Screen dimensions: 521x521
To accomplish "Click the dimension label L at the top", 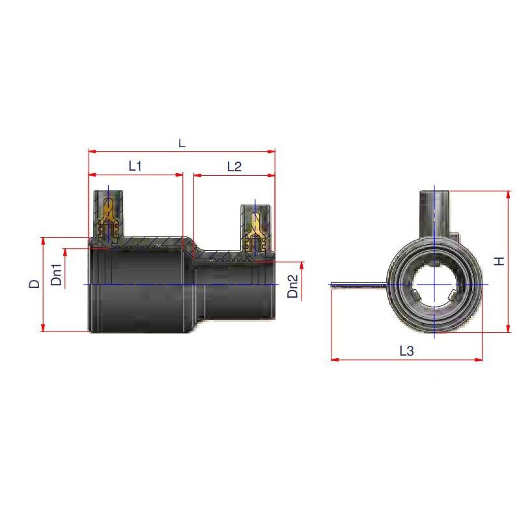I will [182, 143].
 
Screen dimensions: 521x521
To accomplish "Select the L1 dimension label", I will [135, 167].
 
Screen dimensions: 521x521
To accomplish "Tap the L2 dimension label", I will [234, 167].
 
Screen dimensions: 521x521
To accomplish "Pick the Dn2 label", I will [294, 287].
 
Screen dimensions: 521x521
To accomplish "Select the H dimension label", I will [499, 261].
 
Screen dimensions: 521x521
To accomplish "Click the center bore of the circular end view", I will [435, 285].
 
